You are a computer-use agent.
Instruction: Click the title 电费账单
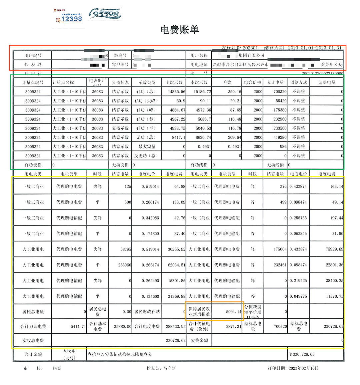(x=179, y=30)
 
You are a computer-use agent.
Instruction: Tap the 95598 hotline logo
(x=105, y=14)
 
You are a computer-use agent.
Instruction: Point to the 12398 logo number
(x=71, y=19)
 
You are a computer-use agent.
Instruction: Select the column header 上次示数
(x=174, y=82)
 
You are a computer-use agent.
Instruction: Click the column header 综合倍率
(x=253, y=82)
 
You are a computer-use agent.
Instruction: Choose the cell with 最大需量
(x=147, y=147)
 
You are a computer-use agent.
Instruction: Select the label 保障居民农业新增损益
(x=199, y=311)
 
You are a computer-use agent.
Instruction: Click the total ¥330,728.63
(x=302, y=354)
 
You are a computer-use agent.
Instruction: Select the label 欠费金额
(x=199, y=340)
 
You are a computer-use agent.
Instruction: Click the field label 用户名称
(x=199, y=55)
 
